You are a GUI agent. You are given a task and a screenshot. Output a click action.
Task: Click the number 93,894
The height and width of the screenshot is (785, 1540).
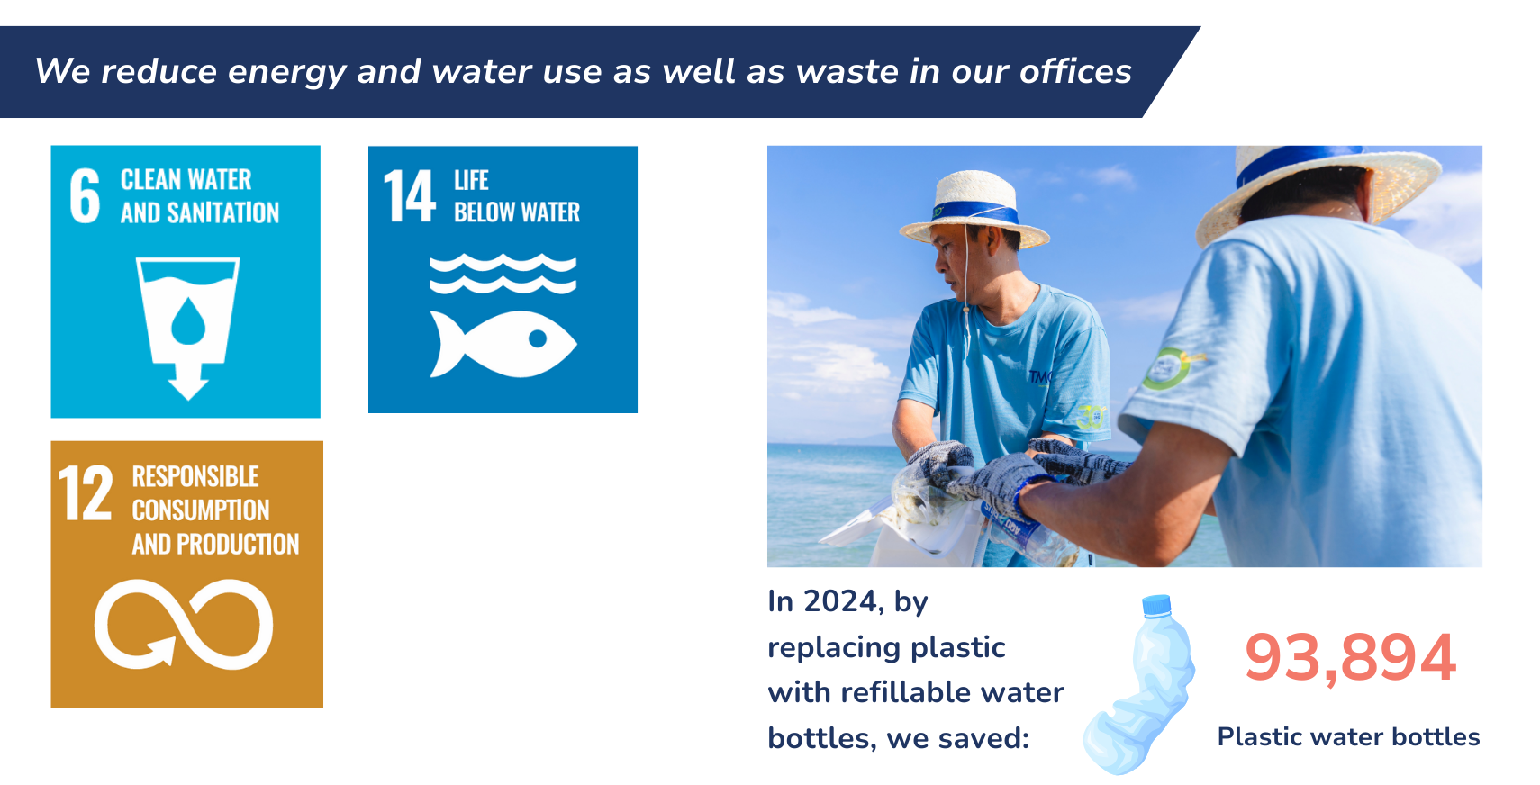click(x=1350, y=658)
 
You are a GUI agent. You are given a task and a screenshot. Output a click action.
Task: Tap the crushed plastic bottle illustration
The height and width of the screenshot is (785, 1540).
click(x=1139, y=685)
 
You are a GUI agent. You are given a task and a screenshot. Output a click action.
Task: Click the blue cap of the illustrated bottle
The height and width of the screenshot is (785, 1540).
click(x=1156, y=605)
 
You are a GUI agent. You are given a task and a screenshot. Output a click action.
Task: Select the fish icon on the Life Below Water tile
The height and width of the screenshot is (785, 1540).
click(x=503, y=344)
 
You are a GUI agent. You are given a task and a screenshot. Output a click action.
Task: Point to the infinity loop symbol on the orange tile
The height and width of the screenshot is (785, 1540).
click(x=184, y=624)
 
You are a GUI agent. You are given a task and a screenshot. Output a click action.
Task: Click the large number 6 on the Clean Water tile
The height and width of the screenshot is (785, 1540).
click(x=86, y=196)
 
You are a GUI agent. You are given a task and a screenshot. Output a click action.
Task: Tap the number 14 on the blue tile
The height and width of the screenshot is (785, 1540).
click(x=409, y=196)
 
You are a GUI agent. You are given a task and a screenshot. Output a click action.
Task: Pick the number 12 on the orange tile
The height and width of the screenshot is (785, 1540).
click(x=86, y=492)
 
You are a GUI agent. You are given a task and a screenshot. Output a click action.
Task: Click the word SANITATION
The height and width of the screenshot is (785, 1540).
click(x=223, y=213)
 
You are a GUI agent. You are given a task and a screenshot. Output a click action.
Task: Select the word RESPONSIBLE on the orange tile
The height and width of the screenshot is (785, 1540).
click(x=195, y=476)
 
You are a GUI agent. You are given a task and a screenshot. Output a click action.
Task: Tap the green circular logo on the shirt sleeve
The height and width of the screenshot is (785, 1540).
click(x=1164, y=369)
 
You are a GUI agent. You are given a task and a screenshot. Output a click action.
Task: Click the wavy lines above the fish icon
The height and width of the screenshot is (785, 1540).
click(x=503, y=274)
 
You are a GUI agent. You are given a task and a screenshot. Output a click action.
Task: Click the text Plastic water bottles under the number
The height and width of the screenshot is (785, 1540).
click(x=1348, y=737)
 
